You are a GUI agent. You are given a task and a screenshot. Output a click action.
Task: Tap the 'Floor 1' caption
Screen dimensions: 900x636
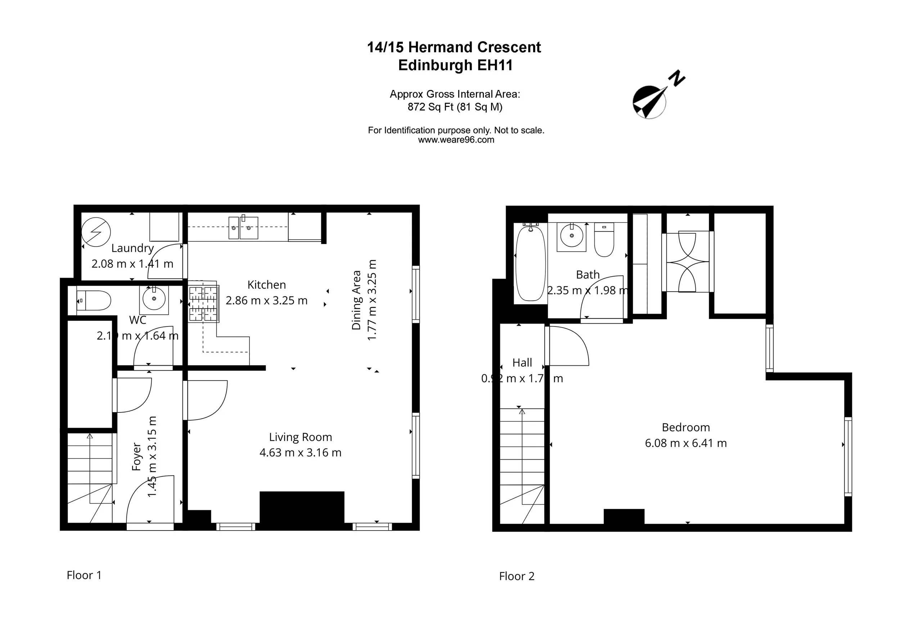point(84,575)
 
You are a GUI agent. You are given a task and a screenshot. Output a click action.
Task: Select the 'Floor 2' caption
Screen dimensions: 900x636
point(517,576)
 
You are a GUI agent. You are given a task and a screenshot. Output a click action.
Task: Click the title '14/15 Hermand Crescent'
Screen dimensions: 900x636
point(454,47)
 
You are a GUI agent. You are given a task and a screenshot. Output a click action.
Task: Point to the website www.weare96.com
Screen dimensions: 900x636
point(456,140)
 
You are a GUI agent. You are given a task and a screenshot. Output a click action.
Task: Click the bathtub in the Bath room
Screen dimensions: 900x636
point(530,263)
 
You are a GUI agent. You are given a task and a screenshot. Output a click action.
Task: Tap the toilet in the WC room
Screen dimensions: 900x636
point(94,301)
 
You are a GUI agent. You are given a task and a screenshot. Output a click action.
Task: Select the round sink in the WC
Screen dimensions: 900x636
point(154,299)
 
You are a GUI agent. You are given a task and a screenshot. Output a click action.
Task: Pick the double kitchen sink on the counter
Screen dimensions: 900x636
point(243,228)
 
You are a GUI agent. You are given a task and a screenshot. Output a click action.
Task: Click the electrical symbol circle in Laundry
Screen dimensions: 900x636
point(96,233)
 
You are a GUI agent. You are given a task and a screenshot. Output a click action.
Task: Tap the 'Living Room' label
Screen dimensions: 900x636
point(300,437)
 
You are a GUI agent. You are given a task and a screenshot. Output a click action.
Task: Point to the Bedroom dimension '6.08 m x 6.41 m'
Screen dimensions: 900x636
point(685,443)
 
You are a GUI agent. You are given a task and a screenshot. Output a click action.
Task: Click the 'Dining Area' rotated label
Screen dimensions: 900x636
point(356,300)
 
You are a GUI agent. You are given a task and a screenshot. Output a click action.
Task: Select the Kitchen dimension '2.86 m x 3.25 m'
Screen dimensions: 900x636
point(266,301)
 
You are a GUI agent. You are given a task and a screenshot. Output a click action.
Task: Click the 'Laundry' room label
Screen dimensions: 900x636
point(132,248)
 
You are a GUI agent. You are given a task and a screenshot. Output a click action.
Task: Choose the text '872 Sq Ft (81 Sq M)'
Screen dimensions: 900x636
point(455,107)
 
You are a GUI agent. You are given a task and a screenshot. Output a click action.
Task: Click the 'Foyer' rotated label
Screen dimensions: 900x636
point(136,456)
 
